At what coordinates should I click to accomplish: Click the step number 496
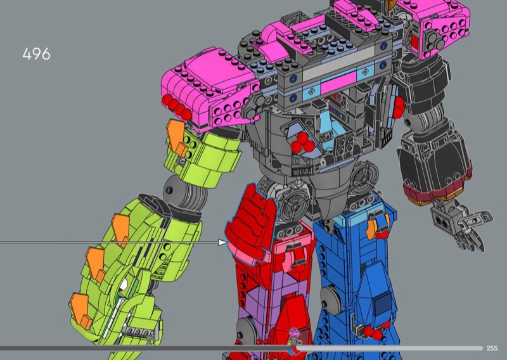tap(36, 54)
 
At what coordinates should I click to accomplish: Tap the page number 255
tap(492, 348)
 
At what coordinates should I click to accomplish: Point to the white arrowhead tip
tap(227, 242)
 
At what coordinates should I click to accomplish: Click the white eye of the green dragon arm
tap(124, 284)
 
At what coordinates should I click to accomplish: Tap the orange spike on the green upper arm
tap(176, 136)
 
